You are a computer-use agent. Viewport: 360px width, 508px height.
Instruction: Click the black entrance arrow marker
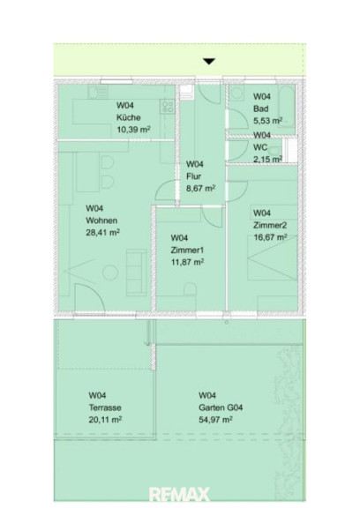point(209,61)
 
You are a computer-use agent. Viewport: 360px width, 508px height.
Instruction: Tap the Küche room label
point(129,117)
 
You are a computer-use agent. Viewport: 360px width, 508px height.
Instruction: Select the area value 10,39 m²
point(133,130)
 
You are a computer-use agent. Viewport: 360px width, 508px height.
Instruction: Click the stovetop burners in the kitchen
point(168,107)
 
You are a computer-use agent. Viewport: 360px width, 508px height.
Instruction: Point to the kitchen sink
point(98,92)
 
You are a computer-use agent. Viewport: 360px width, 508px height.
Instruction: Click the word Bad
point(260,108)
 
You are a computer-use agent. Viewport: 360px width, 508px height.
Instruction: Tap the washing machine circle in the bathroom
point(237,93)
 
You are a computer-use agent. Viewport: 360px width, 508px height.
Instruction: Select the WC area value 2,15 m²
point(267,159)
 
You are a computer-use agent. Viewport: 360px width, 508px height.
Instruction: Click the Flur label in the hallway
point(193,176)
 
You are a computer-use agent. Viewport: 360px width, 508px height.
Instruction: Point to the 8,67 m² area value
point(200,188)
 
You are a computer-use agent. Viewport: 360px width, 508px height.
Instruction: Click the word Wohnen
point(101,220)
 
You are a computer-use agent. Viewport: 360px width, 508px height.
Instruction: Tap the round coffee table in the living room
point(110,273)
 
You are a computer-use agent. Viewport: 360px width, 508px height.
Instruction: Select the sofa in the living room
point(136,273)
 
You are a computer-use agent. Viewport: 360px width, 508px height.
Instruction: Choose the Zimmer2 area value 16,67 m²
point(270,237)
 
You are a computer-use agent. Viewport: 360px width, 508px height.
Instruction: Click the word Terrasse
point(105,407)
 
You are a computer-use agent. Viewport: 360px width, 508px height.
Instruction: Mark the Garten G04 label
point(221,407)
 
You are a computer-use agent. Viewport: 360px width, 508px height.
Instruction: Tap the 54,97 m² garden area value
point(215,420)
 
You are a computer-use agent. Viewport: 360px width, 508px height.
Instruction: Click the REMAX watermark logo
point(179,495)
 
